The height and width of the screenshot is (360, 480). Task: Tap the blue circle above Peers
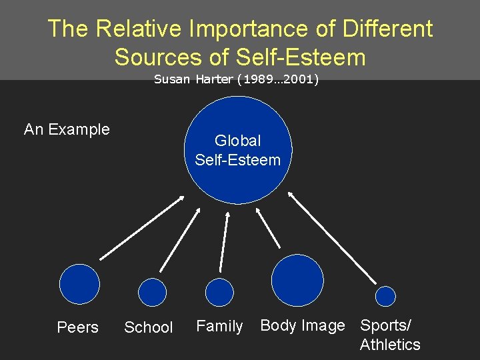click(79, 284)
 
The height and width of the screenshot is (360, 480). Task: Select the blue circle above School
click(152, 291)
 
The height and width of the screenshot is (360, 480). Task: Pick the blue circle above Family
click(219, 292)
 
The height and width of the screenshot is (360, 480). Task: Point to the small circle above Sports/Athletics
click(385, 295)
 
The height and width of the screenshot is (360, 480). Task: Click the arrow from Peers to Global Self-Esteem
click(142, 228)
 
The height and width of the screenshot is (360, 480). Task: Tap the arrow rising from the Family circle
click(225, 241)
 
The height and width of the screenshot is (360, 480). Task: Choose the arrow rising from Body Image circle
click(269, 229)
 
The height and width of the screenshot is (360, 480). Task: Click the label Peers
click(77, 327)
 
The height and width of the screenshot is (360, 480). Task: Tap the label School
click(149, 327)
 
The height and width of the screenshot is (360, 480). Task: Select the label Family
click(219, 326)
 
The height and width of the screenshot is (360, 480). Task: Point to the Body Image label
click(303, 325)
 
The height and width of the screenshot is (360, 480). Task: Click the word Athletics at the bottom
click(390, 345)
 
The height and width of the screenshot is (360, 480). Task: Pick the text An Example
click(67, 129)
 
